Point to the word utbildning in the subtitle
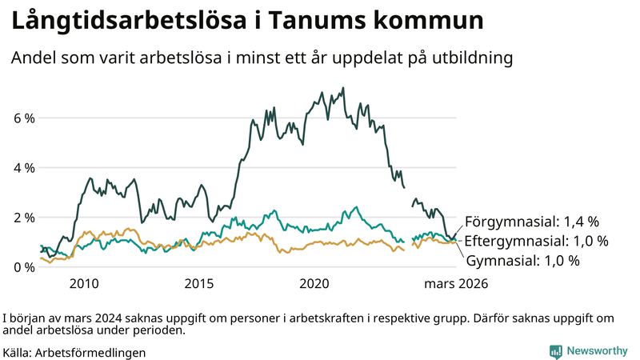470,58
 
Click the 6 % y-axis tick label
24,118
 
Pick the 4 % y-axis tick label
24,168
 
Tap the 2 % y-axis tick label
24,218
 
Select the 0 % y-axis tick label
24,267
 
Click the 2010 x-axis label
85,283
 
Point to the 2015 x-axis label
199,283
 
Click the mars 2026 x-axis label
455,283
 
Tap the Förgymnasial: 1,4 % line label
531,222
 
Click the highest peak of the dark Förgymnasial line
343,88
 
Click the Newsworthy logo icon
555,351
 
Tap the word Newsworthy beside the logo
598,351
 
